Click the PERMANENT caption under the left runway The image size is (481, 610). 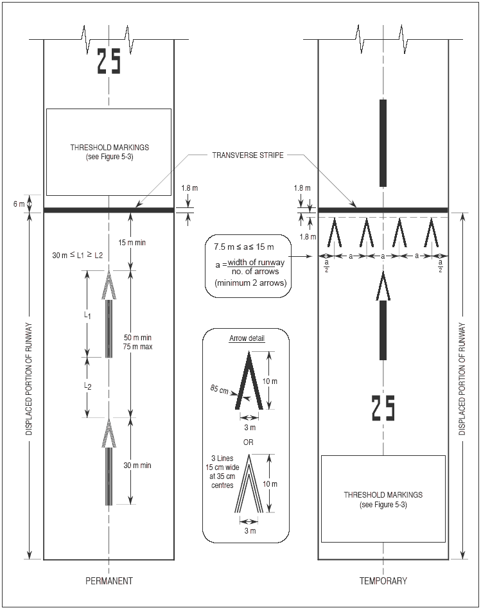[x=109, y=581]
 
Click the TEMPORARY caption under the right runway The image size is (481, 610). [x=383, y=581]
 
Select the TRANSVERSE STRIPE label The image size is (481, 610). [x=248, y=155]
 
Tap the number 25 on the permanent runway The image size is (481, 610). [x=109, y=61]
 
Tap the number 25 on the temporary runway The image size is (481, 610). [x=383, y=408]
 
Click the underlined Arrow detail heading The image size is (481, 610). [x=247, y=338]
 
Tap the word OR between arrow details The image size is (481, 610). [x=247, y=442]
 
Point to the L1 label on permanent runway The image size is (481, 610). [x=89, y=317]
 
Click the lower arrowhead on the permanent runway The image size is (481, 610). [x=109, y=431]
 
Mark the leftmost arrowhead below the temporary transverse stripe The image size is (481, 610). [x=335, y=232]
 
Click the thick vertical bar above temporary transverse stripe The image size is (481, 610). [x=383, y=143]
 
